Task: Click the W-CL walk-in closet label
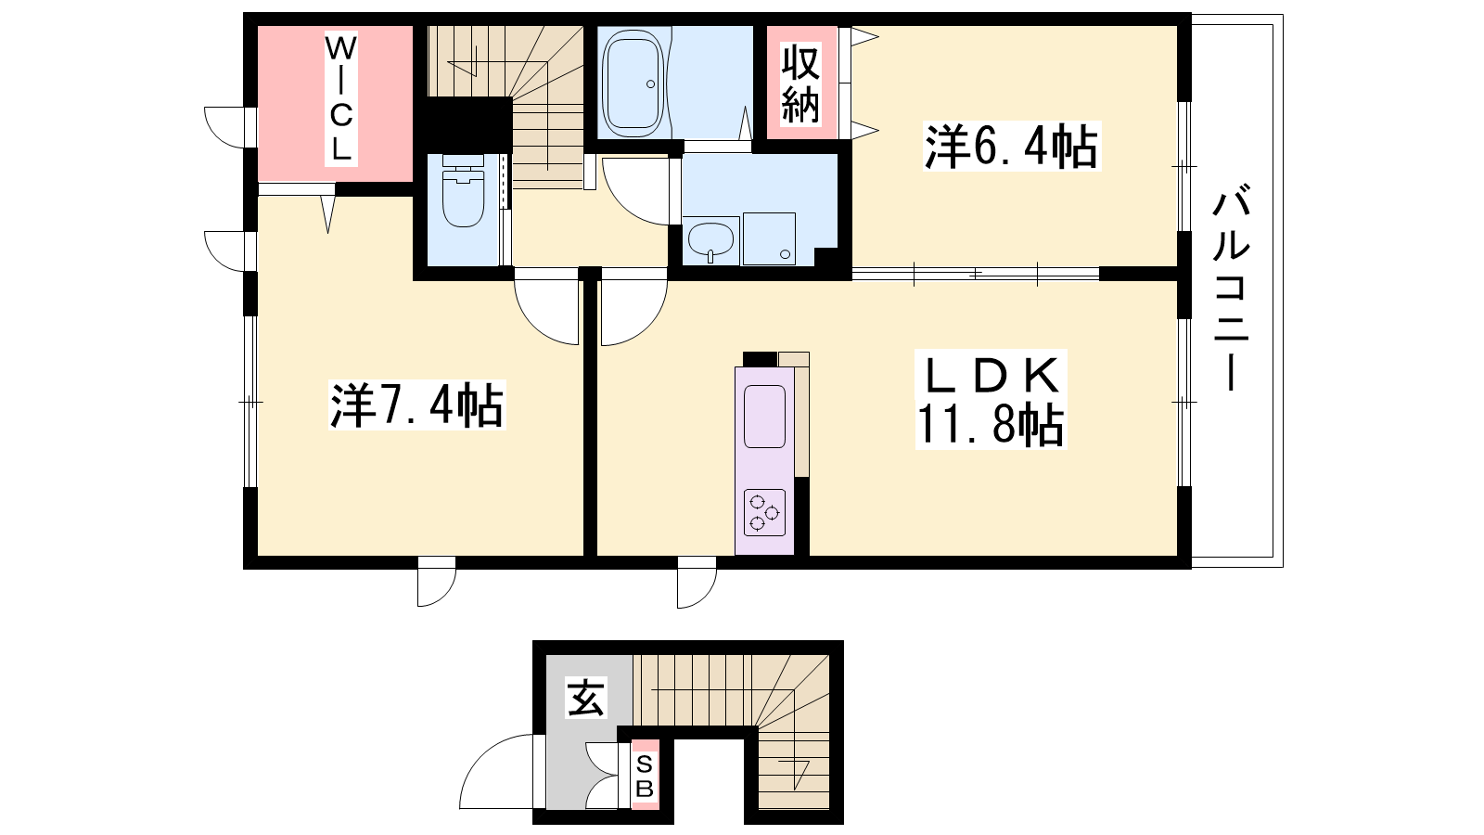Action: (340, 98)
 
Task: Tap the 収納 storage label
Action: (800, 83)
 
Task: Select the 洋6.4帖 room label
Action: (1012, 147)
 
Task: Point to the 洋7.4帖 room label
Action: (416, 405)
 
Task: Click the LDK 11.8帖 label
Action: (991, 400)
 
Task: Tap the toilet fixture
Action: (463, 190)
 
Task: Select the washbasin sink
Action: (710, 240)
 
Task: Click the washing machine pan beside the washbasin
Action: (769, 238)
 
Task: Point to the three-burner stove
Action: (764, 512)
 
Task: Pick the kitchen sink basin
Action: (764, 417)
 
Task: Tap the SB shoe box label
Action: (645, 776)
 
